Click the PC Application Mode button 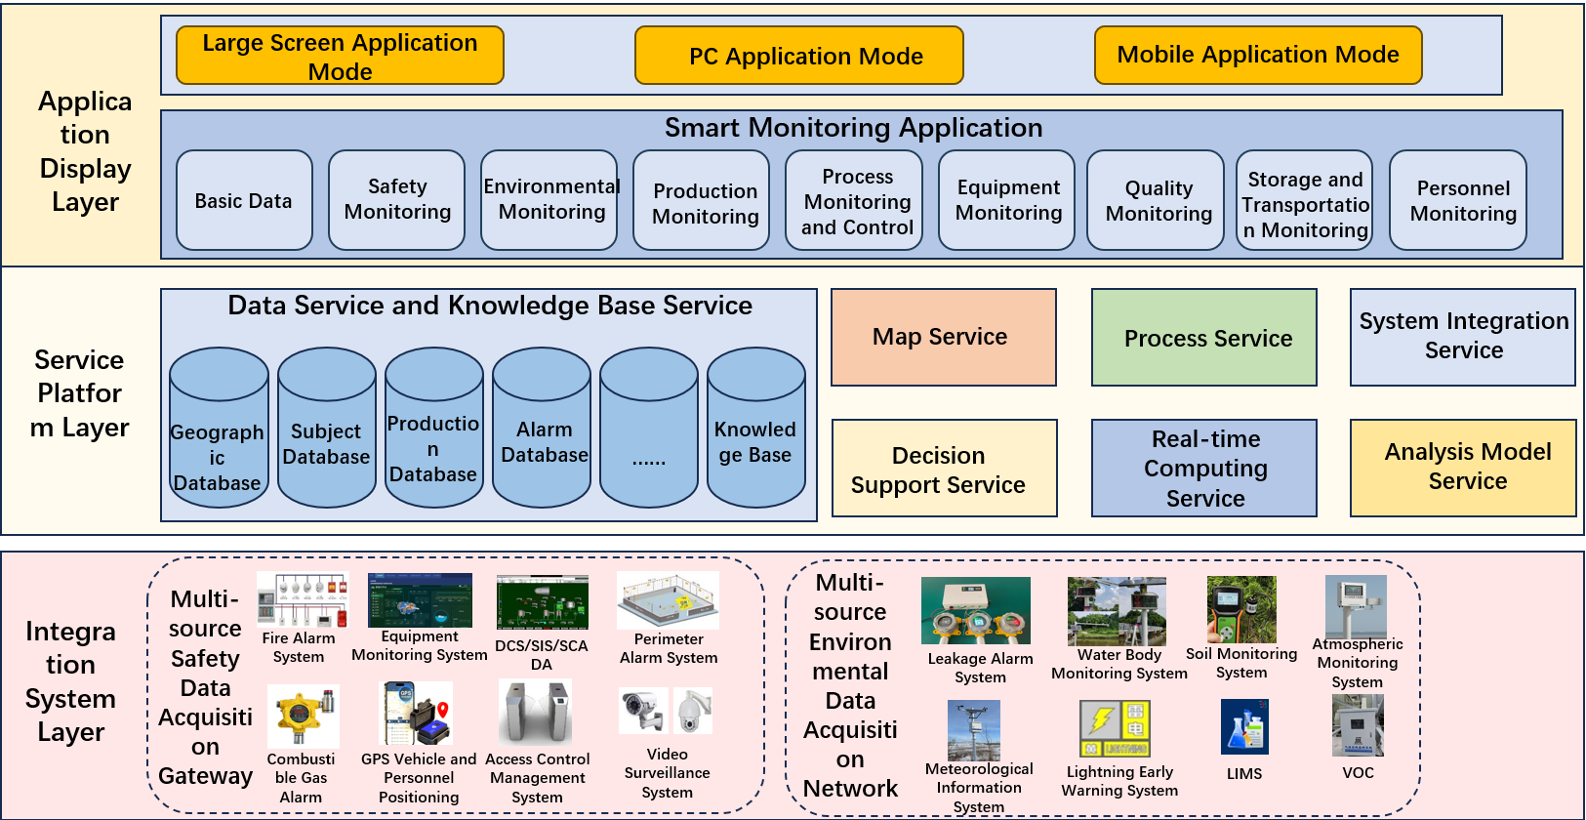click(x=798, y=56)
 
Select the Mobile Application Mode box click(x=1257, y=55)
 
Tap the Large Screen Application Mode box click(x=340, y=56)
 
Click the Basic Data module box click(x=244, y=200)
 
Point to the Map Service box click(x=943, y=337)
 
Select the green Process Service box click(x=1203, y=338)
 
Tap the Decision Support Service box click(x=944, y=469)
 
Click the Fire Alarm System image click(x=303, y=599)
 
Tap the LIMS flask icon click(x=1244, y=726)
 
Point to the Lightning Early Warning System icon click(x=1115, y=728)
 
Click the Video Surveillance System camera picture click(x=667, y=712)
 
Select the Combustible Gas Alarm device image click(x=304, y=716)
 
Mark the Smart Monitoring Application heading click(x=853, y=128)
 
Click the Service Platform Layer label click(x=80, y=393)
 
